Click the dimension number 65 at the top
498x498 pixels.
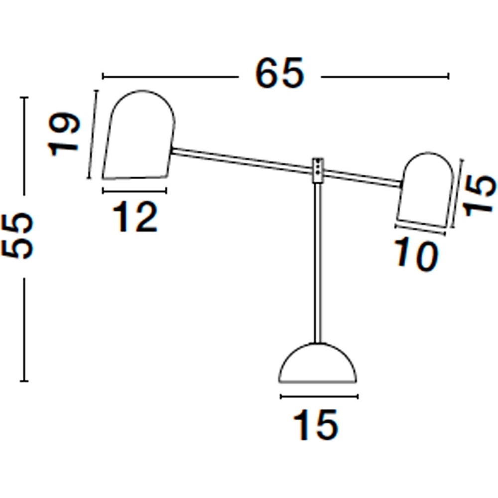click(279, 73)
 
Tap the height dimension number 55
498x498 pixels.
click(17, 236)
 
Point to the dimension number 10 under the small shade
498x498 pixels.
click(416, 255)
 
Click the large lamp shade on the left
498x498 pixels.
click(139, 135)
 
